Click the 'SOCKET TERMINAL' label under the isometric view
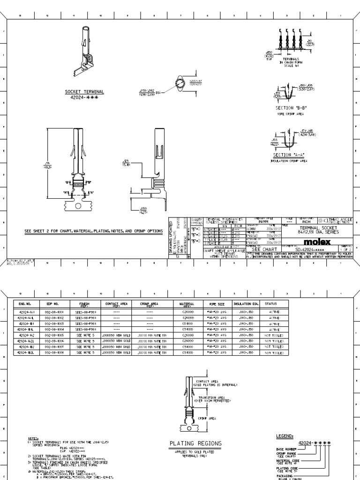84,92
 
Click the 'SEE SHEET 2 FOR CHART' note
94,231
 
